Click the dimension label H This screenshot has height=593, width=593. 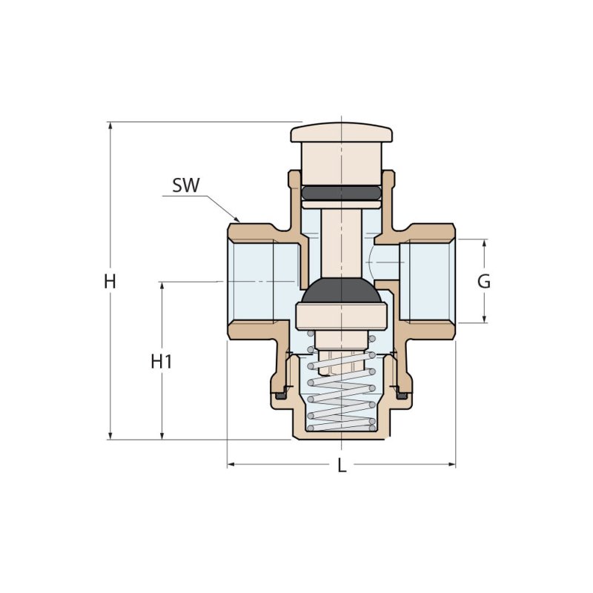(x=110, y=282)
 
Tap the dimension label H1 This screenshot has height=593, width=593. (x=162, y=362)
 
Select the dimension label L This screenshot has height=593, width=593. (x=342, y=466)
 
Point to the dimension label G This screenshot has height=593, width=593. (x=484, y=282)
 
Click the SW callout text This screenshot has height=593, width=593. (x=186, y=185)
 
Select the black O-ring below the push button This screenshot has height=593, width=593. (x=342, y=192)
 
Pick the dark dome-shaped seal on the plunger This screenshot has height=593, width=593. (x=342, y=291)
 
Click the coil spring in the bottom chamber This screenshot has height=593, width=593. (x=342, y=391)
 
